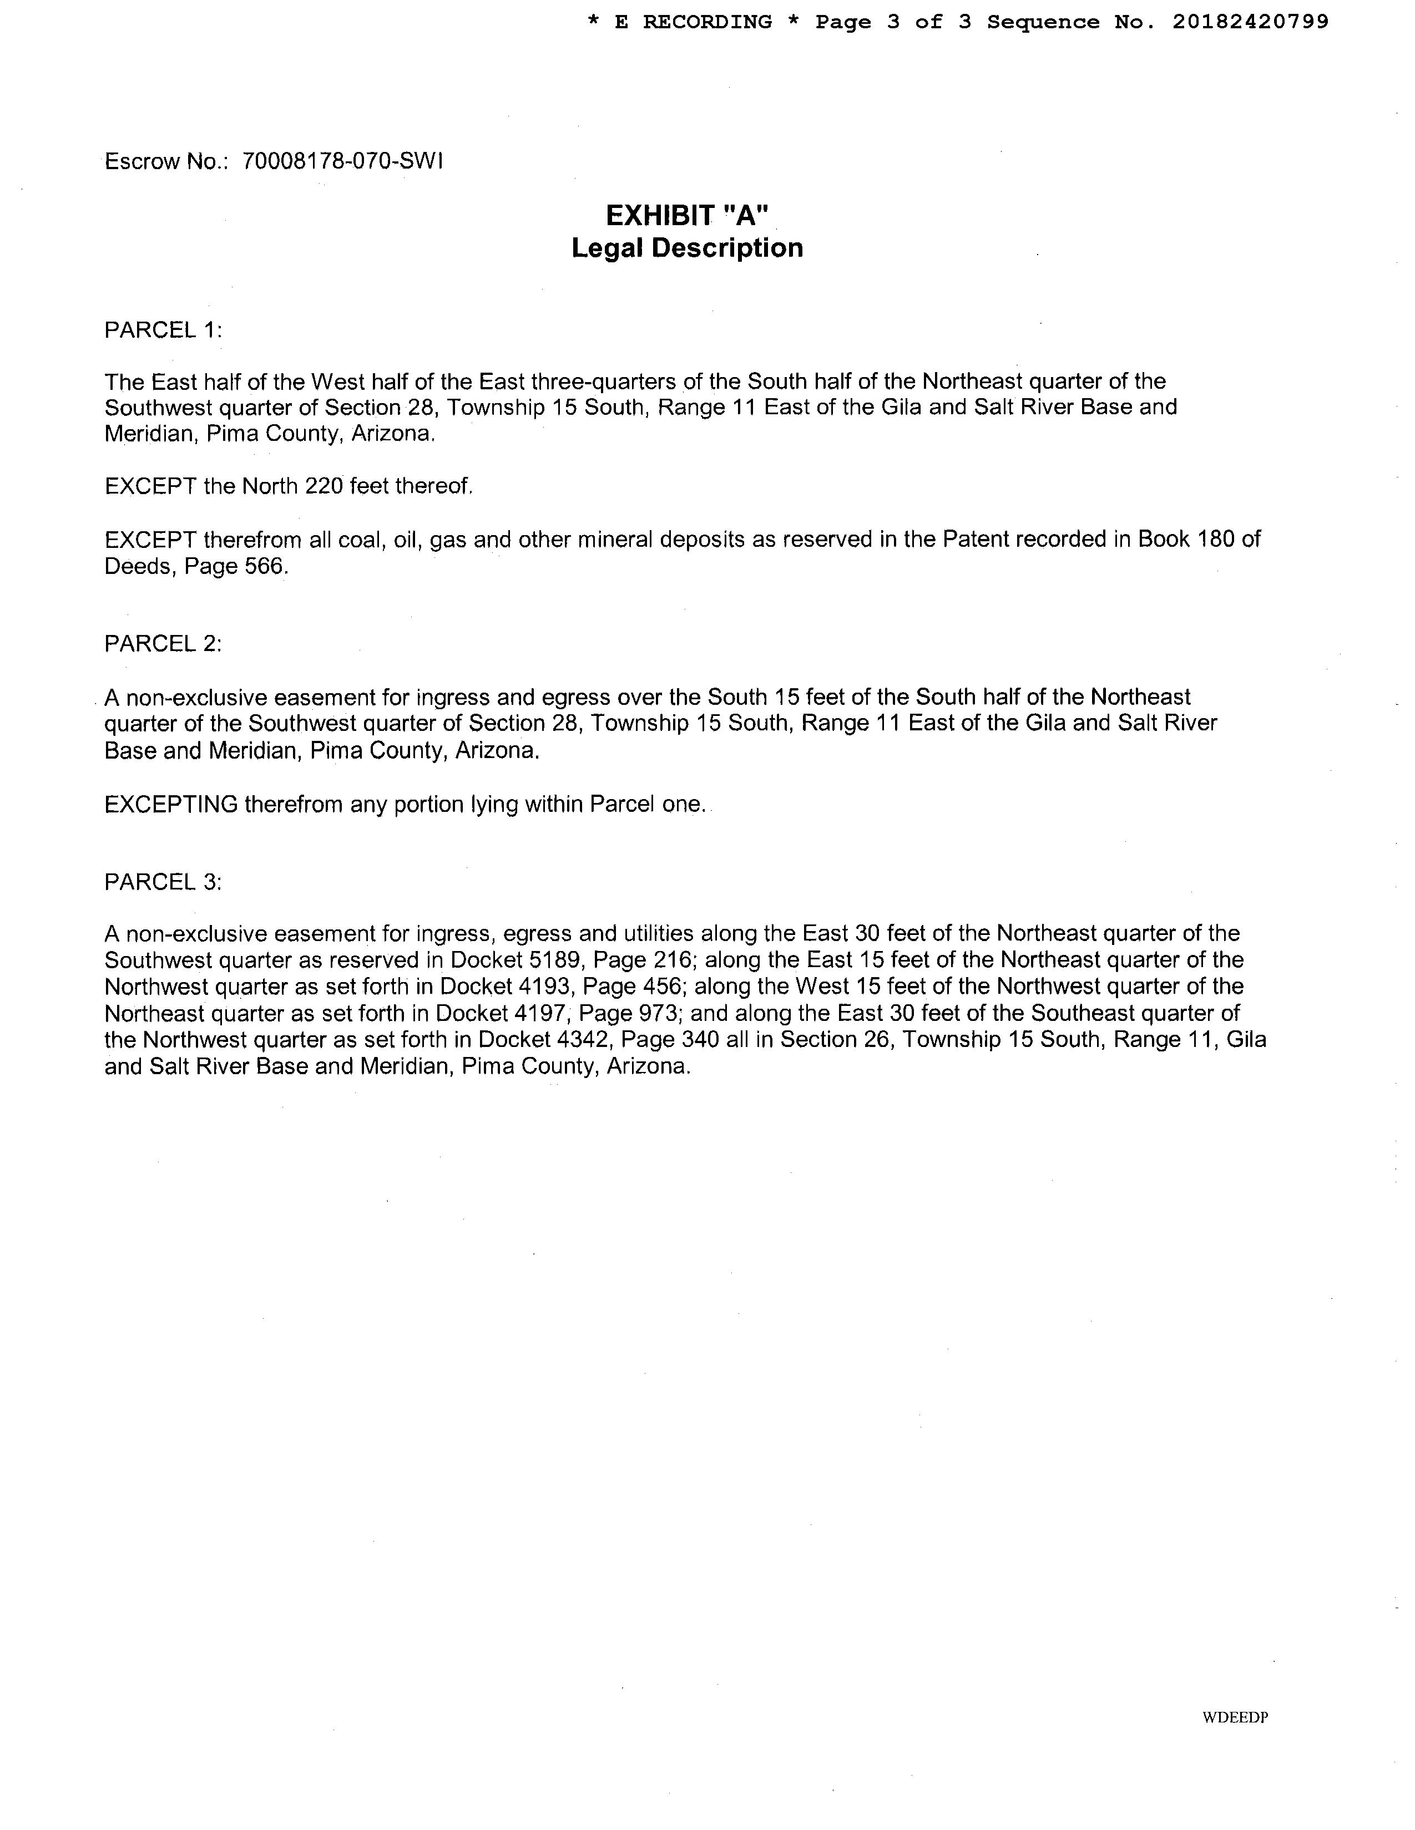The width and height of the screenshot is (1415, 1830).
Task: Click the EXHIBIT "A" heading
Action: [x=686, y=216]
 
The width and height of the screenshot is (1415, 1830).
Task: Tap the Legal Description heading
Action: [x=686, y=248]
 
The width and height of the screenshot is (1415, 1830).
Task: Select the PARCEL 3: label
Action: [x=163, y=882]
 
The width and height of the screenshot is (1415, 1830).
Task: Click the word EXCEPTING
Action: [x=171, y=805]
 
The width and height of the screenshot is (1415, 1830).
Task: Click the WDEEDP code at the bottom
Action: [x=1235, y=1717]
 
